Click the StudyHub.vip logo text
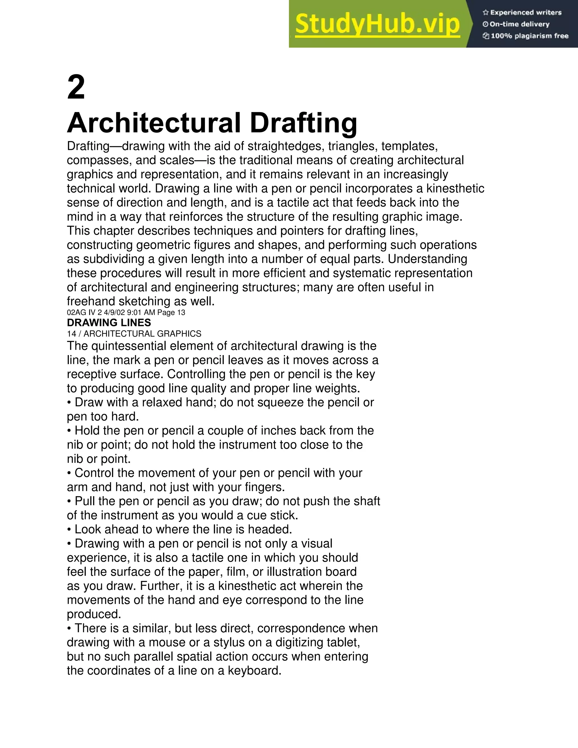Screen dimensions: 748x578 click(377, 24)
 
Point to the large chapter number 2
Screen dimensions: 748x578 click(76, 88)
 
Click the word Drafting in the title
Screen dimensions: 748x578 click(303, 123)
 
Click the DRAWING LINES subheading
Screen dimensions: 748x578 click(109, 323)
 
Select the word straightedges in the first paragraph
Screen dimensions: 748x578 click(286, 146)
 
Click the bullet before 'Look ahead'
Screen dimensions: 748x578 click(69, 530)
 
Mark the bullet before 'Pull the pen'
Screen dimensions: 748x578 click(69, 501)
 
